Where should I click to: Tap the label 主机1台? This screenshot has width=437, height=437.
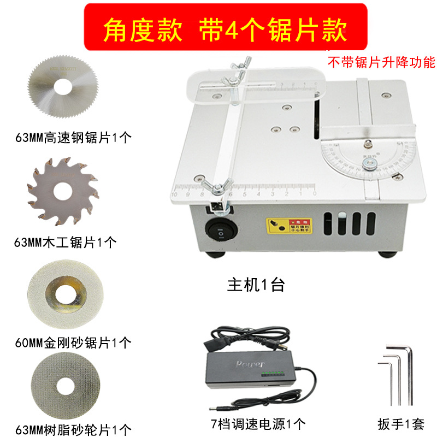click(256, 285)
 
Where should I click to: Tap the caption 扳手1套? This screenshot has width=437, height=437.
click(400, 423)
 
